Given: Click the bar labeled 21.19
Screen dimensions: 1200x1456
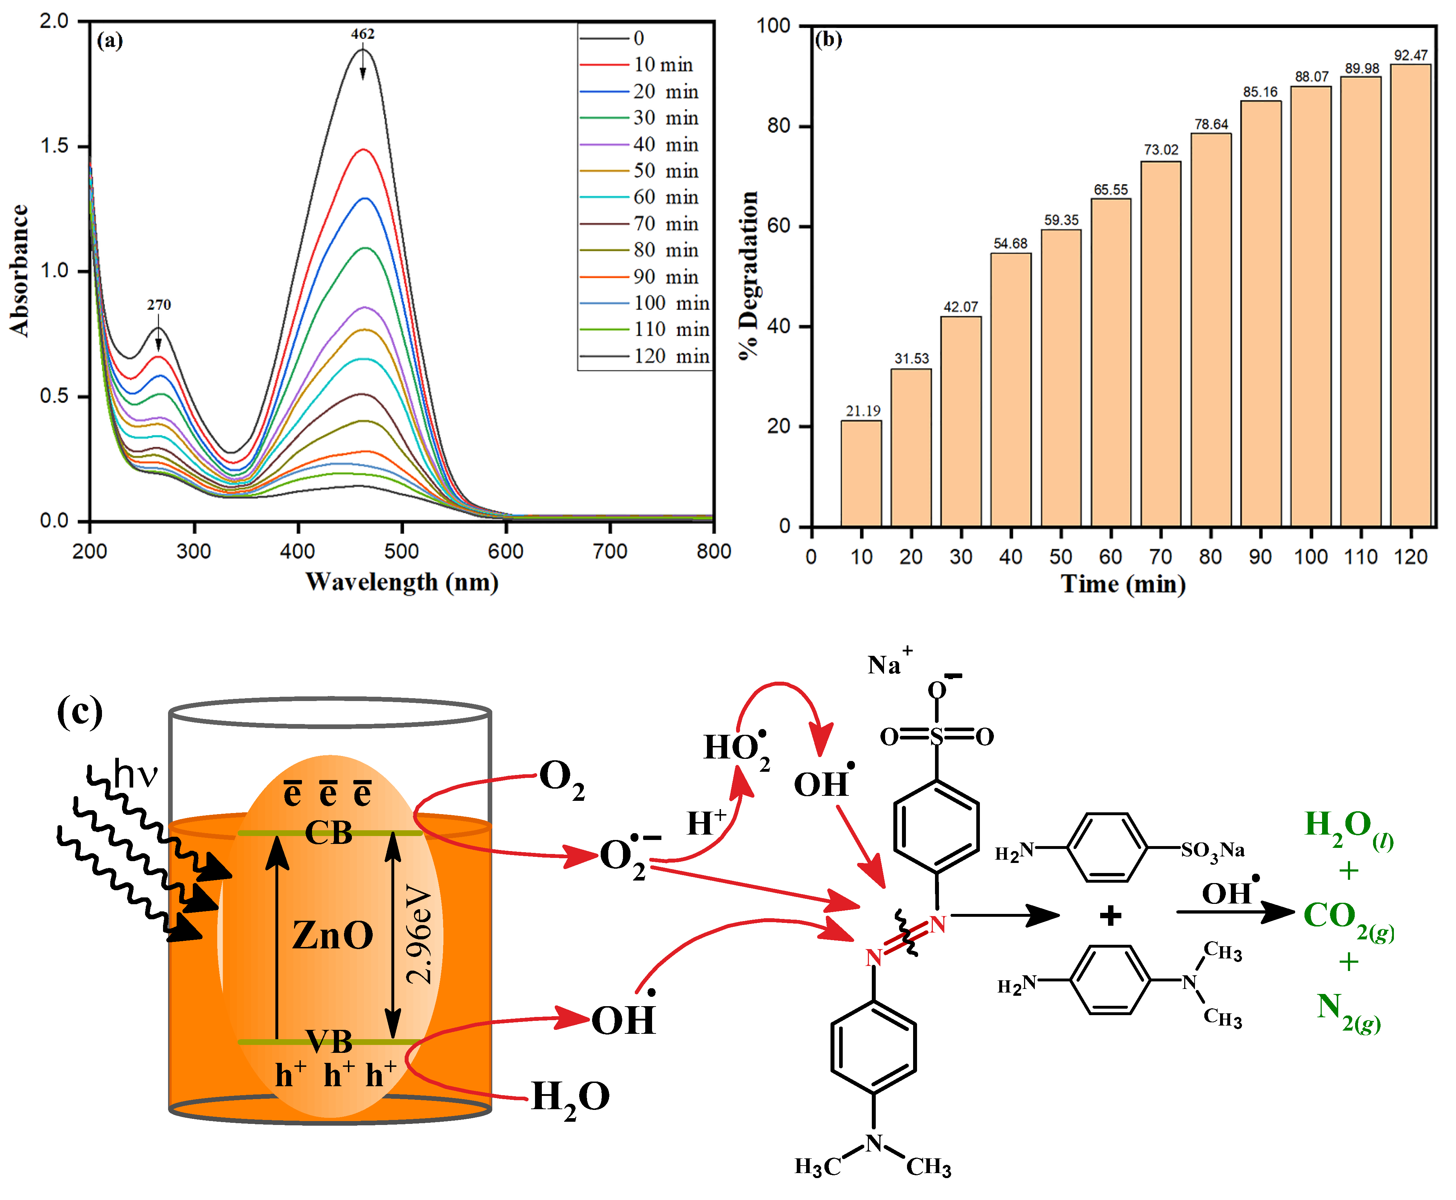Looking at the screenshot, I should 861,473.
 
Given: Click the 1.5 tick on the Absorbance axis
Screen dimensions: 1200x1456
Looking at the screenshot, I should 55,146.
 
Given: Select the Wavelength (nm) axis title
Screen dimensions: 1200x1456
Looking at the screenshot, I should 402,582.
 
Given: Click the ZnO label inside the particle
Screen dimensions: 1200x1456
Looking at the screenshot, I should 332,935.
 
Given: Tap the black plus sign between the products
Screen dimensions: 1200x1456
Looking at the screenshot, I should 1110,916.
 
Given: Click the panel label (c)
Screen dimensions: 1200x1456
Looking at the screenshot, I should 79,712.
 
